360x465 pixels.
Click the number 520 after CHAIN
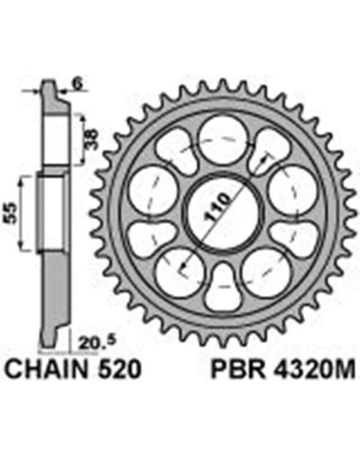click(x=119, y=369)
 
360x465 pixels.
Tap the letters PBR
click(x=237, y=369)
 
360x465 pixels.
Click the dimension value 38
click(x=92, y=139)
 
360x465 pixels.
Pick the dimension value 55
click(x=11, y=213)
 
